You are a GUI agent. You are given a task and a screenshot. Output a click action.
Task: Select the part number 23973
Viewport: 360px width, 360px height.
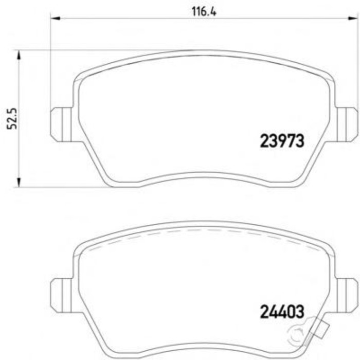click(x=282, y=141)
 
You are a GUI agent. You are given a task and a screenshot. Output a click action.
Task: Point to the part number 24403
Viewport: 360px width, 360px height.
click(x=282, y=311)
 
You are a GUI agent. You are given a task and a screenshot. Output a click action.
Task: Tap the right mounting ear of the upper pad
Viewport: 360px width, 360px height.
click(x=347, y=123)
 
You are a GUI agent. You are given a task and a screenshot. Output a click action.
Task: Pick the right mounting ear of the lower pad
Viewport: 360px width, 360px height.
click(x=347, y=294)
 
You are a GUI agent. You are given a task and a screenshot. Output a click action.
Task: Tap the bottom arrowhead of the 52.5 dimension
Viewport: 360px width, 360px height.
click(x=19, y=183)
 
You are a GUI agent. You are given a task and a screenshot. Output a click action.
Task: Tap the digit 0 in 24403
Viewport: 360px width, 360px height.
click(x=291, y=311)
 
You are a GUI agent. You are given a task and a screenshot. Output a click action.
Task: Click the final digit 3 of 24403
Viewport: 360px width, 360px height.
click(x=300, y=311)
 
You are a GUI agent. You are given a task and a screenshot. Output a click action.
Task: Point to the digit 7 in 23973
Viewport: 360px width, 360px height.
click(x=291, y=141)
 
